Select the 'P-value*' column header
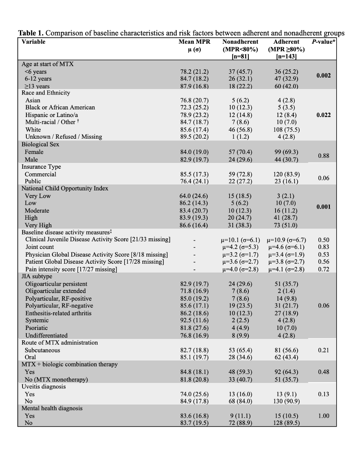[324, 42]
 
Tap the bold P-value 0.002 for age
[323, 75]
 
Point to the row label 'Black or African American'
[60, 108]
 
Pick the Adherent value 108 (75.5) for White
[287, 130]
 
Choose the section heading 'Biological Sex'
[40, 145]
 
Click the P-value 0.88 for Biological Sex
[323, 156]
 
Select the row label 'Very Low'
[38, 196]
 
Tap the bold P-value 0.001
[323, 207]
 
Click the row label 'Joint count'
[39, 247]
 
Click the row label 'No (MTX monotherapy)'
[56, 380]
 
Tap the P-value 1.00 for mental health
[323, 416]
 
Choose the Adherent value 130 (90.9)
[287, 402]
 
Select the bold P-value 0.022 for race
[323, 115]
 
